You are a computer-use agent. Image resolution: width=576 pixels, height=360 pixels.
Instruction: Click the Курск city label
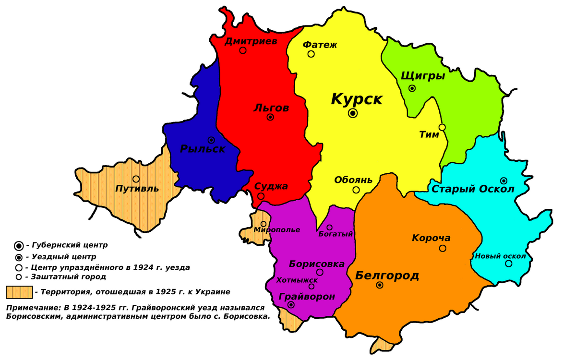pos(357,99)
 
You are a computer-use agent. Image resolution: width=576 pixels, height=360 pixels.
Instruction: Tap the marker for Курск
pos(353,113)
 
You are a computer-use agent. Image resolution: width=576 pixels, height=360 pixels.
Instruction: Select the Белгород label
pos(387,276)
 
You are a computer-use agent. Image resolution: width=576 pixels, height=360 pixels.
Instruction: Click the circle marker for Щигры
pos(412,88)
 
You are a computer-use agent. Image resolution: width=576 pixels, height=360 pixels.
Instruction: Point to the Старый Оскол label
pos(473,189)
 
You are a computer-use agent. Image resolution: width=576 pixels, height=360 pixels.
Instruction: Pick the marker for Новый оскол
pos(508,264)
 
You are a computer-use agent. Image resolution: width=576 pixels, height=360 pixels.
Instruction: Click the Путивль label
pos(137,189)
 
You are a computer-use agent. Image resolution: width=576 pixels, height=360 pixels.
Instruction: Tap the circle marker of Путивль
pos(136,179)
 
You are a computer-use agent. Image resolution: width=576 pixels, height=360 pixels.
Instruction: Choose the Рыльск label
pos(203,149)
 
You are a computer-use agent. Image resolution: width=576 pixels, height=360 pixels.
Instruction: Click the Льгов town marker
pos(270,117)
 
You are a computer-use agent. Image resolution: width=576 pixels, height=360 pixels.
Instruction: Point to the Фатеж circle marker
pos(311,54)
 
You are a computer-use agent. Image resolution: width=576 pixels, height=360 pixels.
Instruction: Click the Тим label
pos(429,135)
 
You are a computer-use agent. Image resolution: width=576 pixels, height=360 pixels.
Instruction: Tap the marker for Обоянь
pos(356,190)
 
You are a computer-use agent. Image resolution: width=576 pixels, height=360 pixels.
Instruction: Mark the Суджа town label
pos(271,187)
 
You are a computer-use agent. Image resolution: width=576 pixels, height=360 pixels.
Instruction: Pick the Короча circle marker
pos(443,248)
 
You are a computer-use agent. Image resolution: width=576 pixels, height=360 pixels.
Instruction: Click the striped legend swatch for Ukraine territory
pos(19,291)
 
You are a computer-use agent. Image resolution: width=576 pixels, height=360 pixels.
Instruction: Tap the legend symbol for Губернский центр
pos(19,246)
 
